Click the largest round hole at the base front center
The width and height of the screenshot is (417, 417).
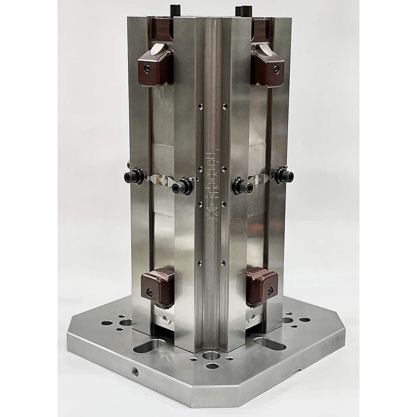pos(211,356)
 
